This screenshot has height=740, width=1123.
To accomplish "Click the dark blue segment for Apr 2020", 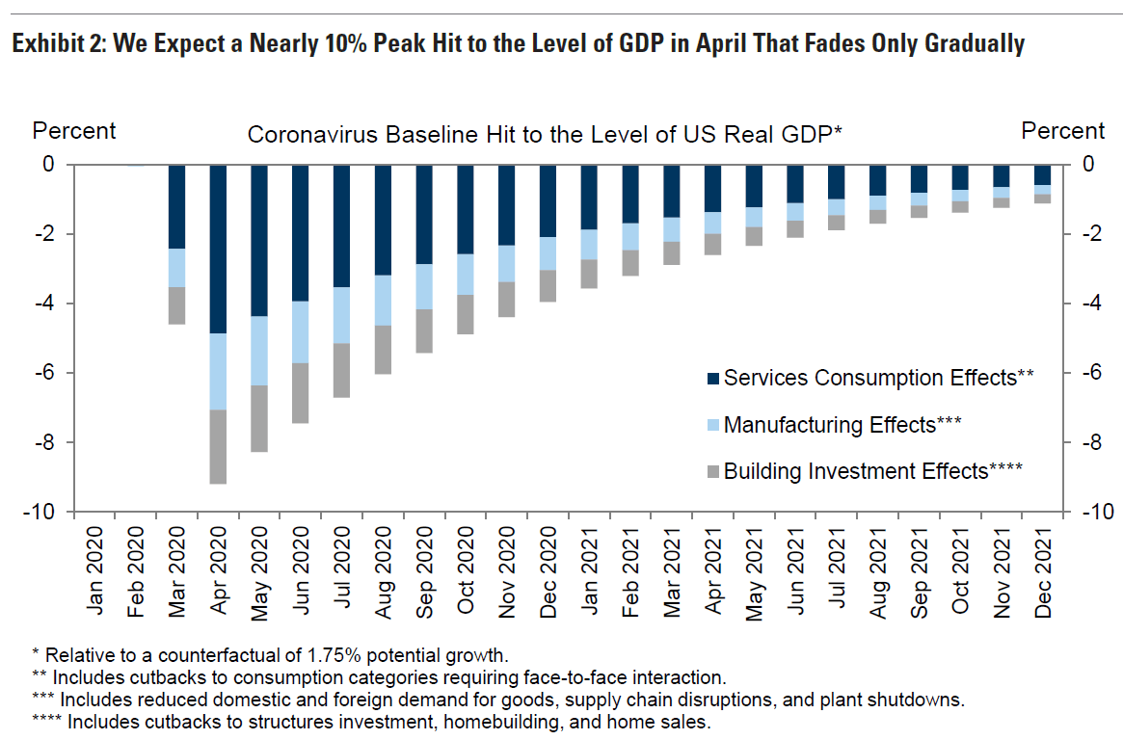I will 219,249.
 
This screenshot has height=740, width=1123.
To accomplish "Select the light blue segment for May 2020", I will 260,351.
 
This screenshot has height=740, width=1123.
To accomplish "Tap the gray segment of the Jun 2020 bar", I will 302,393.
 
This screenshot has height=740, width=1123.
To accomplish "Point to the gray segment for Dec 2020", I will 548,285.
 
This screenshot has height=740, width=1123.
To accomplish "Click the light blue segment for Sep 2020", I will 425,286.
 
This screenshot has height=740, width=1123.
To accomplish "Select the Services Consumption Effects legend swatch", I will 713,379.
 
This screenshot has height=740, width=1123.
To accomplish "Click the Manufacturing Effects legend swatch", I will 713,425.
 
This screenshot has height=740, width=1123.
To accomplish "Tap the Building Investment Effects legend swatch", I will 713,472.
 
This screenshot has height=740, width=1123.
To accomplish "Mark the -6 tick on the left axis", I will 44,373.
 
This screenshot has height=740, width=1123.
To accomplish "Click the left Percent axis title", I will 74,131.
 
